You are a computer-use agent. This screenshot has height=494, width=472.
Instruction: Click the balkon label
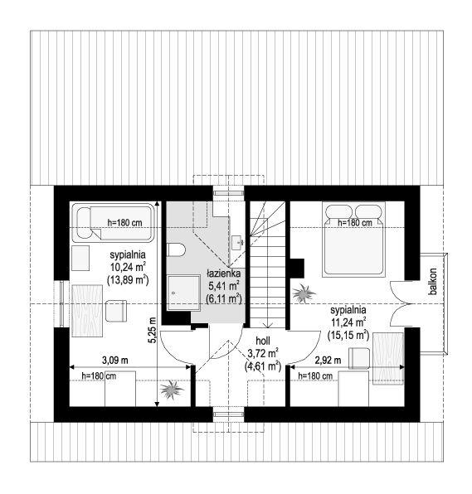pos(434,281)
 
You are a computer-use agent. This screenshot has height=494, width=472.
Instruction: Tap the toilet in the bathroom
pos(176,249)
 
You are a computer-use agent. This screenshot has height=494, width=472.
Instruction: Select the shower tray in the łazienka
pos(184,293)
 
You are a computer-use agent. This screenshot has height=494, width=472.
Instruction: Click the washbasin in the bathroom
pos(238,242)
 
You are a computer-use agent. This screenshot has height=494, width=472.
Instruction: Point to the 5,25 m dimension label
pos(153,330)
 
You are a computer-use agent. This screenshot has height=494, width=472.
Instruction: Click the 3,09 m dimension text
pos(115,360)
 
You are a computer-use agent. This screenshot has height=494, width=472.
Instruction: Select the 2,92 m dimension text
pos(328,360)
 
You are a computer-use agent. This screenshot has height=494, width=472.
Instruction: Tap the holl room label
pos(263,341)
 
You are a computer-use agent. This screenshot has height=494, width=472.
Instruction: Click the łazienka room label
pos(223,274)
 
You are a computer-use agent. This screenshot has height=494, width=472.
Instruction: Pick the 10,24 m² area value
pos(128,267)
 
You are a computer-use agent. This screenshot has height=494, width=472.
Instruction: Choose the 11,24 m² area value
pos(348,322)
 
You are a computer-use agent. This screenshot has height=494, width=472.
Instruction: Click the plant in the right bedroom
pos(304,293)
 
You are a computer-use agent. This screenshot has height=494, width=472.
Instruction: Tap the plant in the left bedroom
pos(171,390)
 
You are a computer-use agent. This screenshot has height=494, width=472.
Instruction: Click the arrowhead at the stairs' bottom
pos(268,326)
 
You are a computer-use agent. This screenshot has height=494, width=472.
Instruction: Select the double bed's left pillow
pos(339,211)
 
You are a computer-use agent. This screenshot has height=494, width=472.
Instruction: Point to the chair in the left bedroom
pos(116,311)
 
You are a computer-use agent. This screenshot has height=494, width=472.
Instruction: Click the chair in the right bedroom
pos(359,358)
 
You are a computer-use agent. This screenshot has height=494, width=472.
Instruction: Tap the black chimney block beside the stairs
pos(297,268)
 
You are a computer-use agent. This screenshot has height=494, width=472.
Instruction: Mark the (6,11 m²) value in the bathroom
pos(223,298)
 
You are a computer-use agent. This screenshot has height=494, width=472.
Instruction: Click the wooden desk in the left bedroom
pos(87,311)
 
